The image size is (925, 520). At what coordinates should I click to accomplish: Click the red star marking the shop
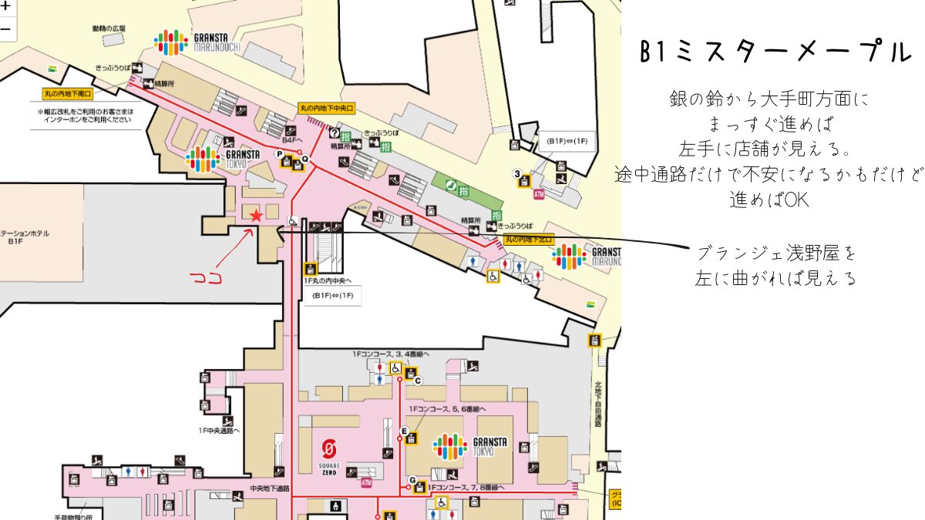coord(256,216)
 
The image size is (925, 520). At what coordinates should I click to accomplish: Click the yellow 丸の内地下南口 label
coord(67,94)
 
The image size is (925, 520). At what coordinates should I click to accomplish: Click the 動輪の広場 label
coord(108,29)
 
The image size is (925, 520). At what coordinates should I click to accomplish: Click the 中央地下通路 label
coord(270,489)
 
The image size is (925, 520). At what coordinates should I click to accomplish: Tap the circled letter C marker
coord(418,381)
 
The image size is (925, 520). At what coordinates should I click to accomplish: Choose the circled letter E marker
coord(404,431)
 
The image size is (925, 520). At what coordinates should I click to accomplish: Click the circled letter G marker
coord(412,480)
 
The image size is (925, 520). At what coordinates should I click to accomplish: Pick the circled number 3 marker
coord(517,173)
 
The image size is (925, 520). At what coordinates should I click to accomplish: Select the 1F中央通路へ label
coord(219,431)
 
